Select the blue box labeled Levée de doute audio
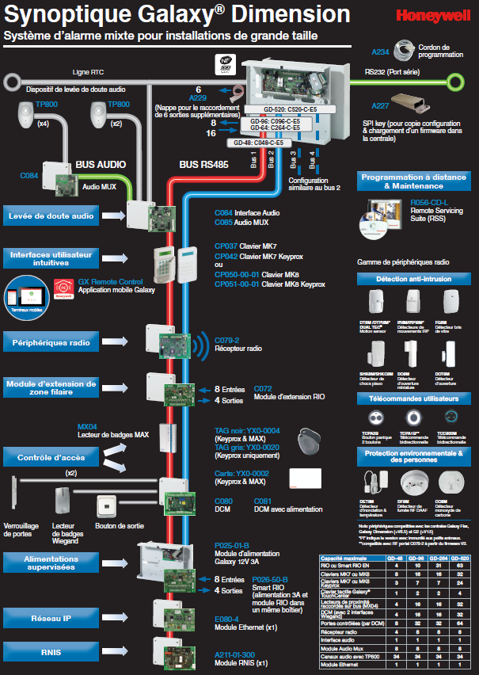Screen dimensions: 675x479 click(50, 215)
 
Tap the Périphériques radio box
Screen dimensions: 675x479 click(50, 343)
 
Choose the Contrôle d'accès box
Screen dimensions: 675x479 click(50, 457)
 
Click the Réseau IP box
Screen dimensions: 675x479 click(50, 617)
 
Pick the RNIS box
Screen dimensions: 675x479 click(50, 654)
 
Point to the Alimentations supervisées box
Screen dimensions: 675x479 click(50, 563)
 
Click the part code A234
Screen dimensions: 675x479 click(380, 52)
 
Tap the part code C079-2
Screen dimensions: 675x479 click(228, 339)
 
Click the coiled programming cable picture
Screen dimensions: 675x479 click(406, 51)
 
